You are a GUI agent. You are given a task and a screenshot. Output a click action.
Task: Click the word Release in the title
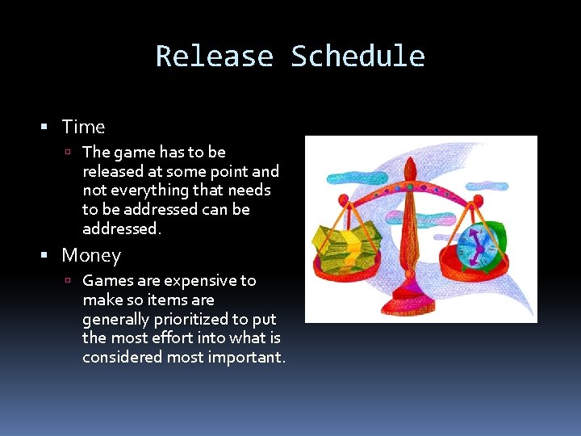tap(214, 57)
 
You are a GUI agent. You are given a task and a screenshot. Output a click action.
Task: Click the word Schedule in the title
tap(357, 57)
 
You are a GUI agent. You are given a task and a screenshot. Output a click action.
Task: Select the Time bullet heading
tap(83, 127)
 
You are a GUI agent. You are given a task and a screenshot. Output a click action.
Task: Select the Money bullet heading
tap(91, 256)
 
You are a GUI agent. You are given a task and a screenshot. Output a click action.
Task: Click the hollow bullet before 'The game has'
tap(71, 153)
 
